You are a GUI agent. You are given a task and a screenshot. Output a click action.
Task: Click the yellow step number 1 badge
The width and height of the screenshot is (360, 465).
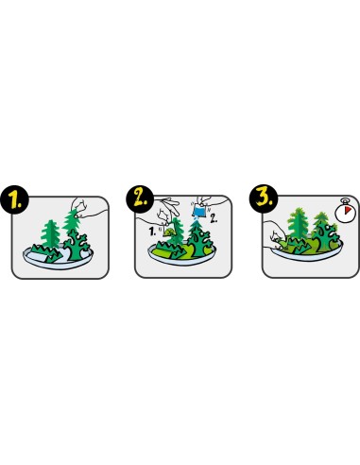pyautogui.click(x=15, y=200)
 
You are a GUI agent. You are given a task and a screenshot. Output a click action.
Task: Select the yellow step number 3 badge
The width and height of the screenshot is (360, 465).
pyautogui.click(x=264, y=198)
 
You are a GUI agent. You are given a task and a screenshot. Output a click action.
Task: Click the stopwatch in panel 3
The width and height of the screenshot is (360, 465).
pyautogui.click(x=346, y=211)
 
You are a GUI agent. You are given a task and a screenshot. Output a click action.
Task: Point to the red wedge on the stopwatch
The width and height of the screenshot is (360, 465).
pyautogui.click(x=348, y=210)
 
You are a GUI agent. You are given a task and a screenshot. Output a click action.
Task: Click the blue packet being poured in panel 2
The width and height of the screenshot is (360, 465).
pyautogui.click(x=198, y=210)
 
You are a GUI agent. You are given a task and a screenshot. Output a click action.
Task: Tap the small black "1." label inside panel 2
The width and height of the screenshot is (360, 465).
pyautogui.click(x=152, y=232)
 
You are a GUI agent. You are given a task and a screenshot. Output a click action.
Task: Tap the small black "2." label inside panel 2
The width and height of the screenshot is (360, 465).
pyautogui.click(x=214, y=218)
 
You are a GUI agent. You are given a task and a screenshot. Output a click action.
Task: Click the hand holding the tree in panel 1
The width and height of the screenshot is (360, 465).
pyautogui.click(x=85, y=208)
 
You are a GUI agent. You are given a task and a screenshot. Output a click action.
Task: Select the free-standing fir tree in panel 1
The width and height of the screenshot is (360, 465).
pyautogui.click(x=50, y=233)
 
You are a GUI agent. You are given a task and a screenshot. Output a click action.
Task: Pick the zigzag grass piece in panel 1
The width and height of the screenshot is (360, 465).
pyautogui.click(x=47, y=253)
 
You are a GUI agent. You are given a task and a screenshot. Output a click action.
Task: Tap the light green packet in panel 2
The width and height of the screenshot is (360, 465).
pyautogui.click(x=169, y=232)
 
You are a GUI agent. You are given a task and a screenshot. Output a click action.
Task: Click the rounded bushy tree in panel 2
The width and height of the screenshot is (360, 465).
pyautogui.click(x=199, y=242)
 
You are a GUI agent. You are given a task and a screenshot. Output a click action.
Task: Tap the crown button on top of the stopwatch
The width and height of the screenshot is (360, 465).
pyautogui.click(x=346, y=200)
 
